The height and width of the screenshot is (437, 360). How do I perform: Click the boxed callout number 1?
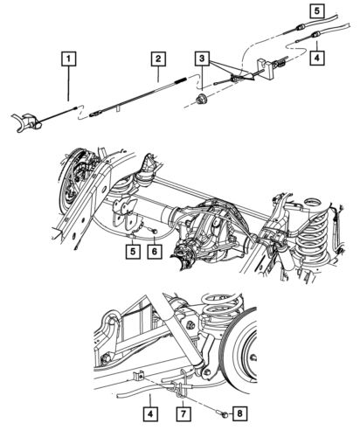(67, 60)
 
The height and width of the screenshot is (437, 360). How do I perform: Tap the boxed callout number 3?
(204, 59)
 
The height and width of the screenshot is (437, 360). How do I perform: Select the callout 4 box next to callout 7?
(150, 410)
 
